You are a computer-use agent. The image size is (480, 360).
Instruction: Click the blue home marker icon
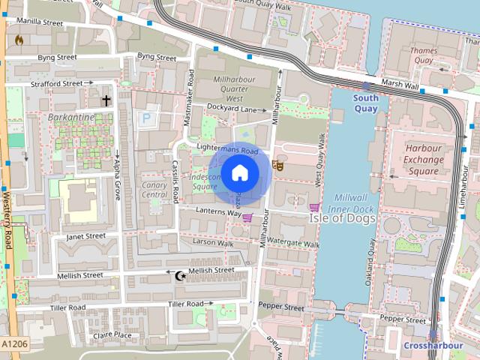[239, 173]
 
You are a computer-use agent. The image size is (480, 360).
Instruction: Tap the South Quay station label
[365, 103]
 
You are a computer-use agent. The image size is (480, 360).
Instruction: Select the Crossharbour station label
[433, 346]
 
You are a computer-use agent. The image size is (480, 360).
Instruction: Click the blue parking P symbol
[146, 118]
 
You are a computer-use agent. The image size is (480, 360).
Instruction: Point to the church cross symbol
[106, 100]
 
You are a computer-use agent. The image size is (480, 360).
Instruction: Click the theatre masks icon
[279, 165]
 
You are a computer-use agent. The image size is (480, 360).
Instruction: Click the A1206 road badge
[15, 343]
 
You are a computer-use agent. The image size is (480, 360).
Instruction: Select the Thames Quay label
[423, 55]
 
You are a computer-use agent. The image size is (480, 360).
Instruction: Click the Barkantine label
[70, 118]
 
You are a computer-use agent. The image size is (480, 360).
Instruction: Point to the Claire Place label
[112, 335]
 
